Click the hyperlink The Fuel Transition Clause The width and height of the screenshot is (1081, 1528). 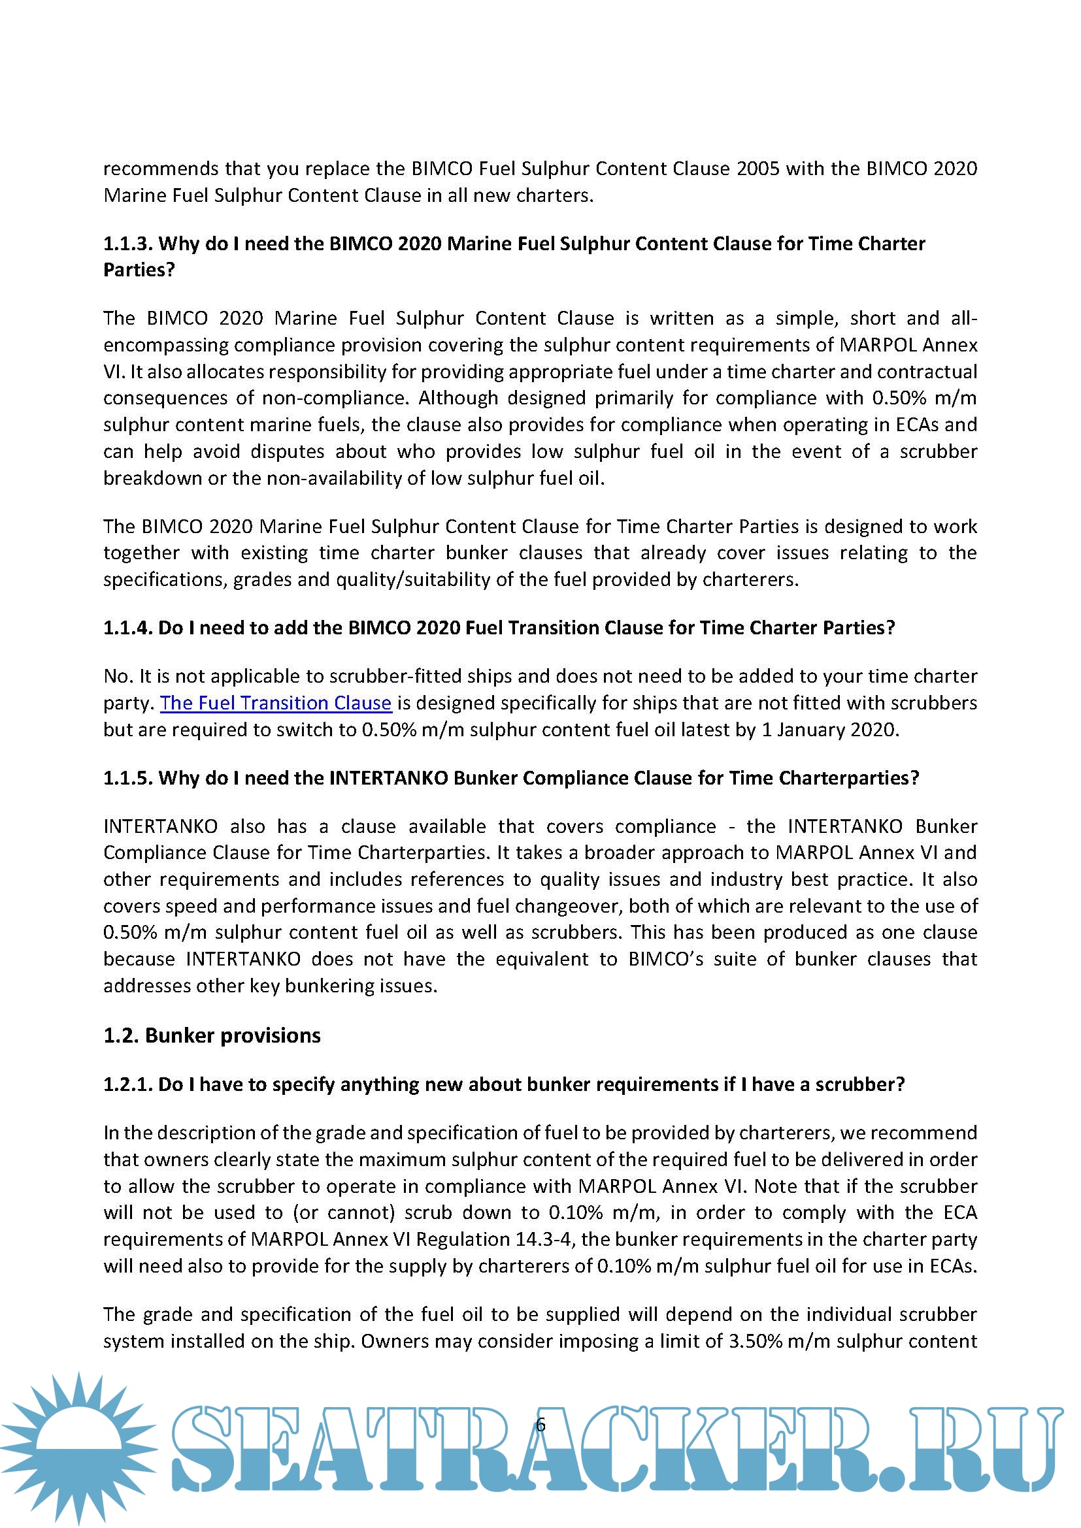click(276, 703)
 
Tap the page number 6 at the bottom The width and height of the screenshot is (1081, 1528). click(540, 1425)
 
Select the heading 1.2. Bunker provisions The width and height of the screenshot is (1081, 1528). click(212, 1035)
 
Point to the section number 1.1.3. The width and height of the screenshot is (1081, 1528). click(128, 244)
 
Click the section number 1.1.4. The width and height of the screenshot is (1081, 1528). click(128, 628)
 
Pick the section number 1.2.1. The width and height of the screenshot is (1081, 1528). click(128, 1084)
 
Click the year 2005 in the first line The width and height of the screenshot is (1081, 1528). click(757, 169)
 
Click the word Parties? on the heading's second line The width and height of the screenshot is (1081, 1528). click(139, 270)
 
